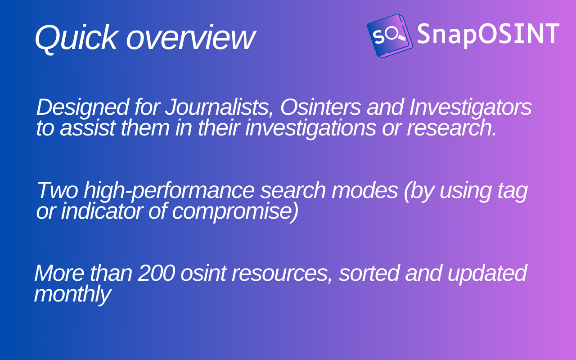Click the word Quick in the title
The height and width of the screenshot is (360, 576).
[x=76, y=38]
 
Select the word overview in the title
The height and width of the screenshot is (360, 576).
[x=190, y=38]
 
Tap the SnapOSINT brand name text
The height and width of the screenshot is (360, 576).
[x=488, y=34]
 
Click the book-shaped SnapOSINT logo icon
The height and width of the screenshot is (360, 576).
[x=390, y=36]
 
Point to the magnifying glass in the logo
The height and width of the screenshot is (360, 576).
[x=395, y=34]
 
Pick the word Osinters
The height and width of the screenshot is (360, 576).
[x=320, y=107]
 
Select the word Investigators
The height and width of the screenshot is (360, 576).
[x=470, y=108]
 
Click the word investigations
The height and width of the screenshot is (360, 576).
[x=310, y=128]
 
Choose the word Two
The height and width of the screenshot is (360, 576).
[x=58, y=190]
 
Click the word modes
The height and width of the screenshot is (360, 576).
[x=364, y=190]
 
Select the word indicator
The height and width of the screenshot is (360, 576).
[x=102, y=211]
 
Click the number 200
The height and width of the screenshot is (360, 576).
[x=157, y=273]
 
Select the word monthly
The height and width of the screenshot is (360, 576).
[x=72, y=295]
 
